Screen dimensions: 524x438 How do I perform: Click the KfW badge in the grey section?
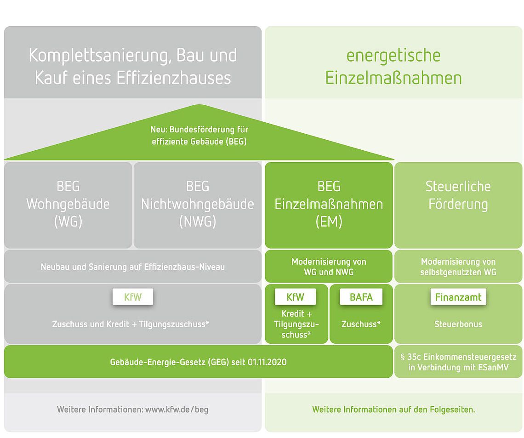133,297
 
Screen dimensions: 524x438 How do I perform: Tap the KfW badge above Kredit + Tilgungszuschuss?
295,297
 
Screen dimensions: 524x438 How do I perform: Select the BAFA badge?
361,297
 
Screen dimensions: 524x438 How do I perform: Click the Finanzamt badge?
458,297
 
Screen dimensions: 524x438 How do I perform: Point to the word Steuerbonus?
458,324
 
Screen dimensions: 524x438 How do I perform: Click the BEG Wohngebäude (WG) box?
68,205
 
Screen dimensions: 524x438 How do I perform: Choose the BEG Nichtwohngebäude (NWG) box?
198,205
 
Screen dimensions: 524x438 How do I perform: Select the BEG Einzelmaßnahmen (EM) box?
329,205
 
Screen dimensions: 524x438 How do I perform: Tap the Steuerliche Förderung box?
458,205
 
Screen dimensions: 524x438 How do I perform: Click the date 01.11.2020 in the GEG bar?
267,362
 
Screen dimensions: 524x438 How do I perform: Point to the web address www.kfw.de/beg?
177,410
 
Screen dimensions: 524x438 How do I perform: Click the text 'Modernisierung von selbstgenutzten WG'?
458,267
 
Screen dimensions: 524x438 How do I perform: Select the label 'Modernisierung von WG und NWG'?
329,267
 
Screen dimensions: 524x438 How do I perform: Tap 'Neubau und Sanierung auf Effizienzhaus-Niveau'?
133,267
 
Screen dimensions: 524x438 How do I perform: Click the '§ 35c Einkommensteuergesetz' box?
458,362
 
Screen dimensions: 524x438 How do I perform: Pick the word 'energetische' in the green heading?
393,56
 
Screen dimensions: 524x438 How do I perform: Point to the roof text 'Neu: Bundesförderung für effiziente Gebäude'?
199,135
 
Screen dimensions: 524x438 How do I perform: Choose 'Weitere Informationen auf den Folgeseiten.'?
393,410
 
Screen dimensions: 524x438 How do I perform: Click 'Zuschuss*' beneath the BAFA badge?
361,324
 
